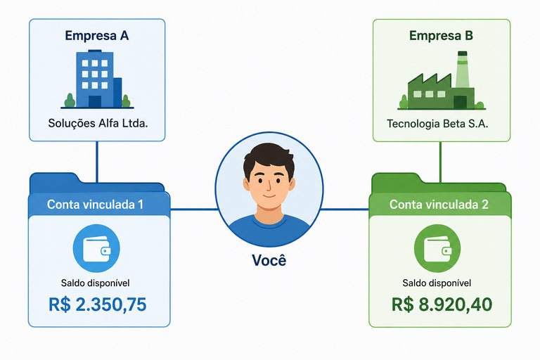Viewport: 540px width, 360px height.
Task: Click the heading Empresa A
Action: [x=97, y=35]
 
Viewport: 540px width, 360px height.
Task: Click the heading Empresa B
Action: [x=441, y=35]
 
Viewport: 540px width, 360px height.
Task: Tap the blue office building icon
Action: [x=97, y=79]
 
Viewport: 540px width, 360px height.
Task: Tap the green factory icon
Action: [x=442, y=81]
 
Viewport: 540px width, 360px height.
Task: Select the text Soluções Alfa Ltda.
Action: [x=98, y=123]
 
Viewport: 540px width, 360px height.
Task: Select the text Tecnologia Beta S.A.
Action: [x=437, y=124]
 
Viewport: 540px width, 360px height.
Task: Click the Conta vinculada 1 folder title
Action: [x=95, y=205]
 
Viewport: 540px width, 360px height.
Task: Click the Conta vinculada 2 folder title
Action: [x=439, y=205]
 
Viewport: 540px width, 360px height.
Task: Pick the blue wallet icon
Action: [x=96, y=248]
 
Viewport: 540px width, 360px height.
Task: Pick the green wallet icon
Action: [x=437, y=248]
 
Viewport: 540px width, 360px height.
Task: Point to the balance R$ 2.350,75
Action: [x=98, y=304]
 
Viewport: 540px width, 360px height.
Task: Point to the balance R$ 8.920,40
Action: [x=442, y=304]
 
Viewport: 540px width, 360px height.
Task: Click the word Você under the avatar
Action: [x=269, y=260]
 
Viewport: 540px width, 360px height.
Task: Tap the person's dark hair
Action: [x=269, y=157]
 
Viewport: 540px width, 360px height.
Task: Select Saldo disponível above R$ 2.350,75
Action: [x=96, y=283]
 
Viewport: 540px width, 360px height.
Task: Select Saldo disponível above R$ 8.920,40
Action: [x=437, y=283]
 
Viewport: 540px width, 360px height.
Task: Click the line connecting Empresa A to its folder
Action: [x=97, y=161]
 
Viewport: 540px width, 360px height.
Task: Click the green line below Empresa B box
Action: [x=440, y=161]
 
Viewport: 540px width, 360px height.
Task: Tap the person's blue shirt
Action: [x=269, y=230]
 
